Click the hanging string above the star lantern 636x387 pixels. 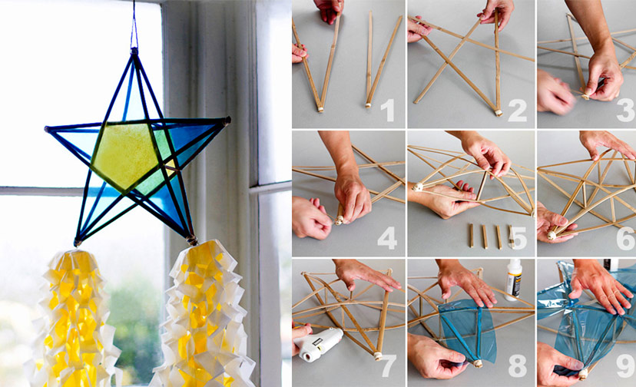tap(134, 23)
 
